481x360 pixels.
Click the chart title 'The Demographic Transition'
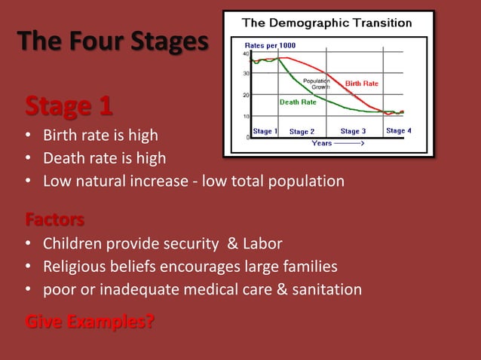pos(326,23)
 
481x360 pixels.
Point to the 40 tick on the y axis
pos(247,53)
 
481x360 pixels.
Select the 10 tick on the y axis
pos(247,117)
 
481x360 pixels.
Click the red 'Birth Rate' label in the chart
pos(361,84)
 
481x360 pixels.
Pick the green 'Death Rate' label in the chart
pos(298,102)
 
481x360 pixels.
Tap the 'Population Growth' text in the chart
pos(316,84)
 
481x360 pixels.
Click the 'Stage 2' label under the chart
pos(302,132)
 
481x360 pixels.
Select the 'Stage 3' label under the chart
pos(353,131)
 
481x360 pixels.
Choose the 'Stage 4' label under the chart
pos(398,130)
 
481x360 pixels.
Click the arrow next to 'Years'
pos(350,142)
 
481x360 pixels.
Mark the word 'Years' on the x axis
pos(322,142)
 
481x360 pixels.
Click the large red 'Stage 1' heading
pos(69,106)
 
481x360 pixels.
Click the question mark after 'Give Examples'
pos(151,323)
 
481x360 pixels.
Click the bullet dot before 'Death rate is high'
pos(28,159)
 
